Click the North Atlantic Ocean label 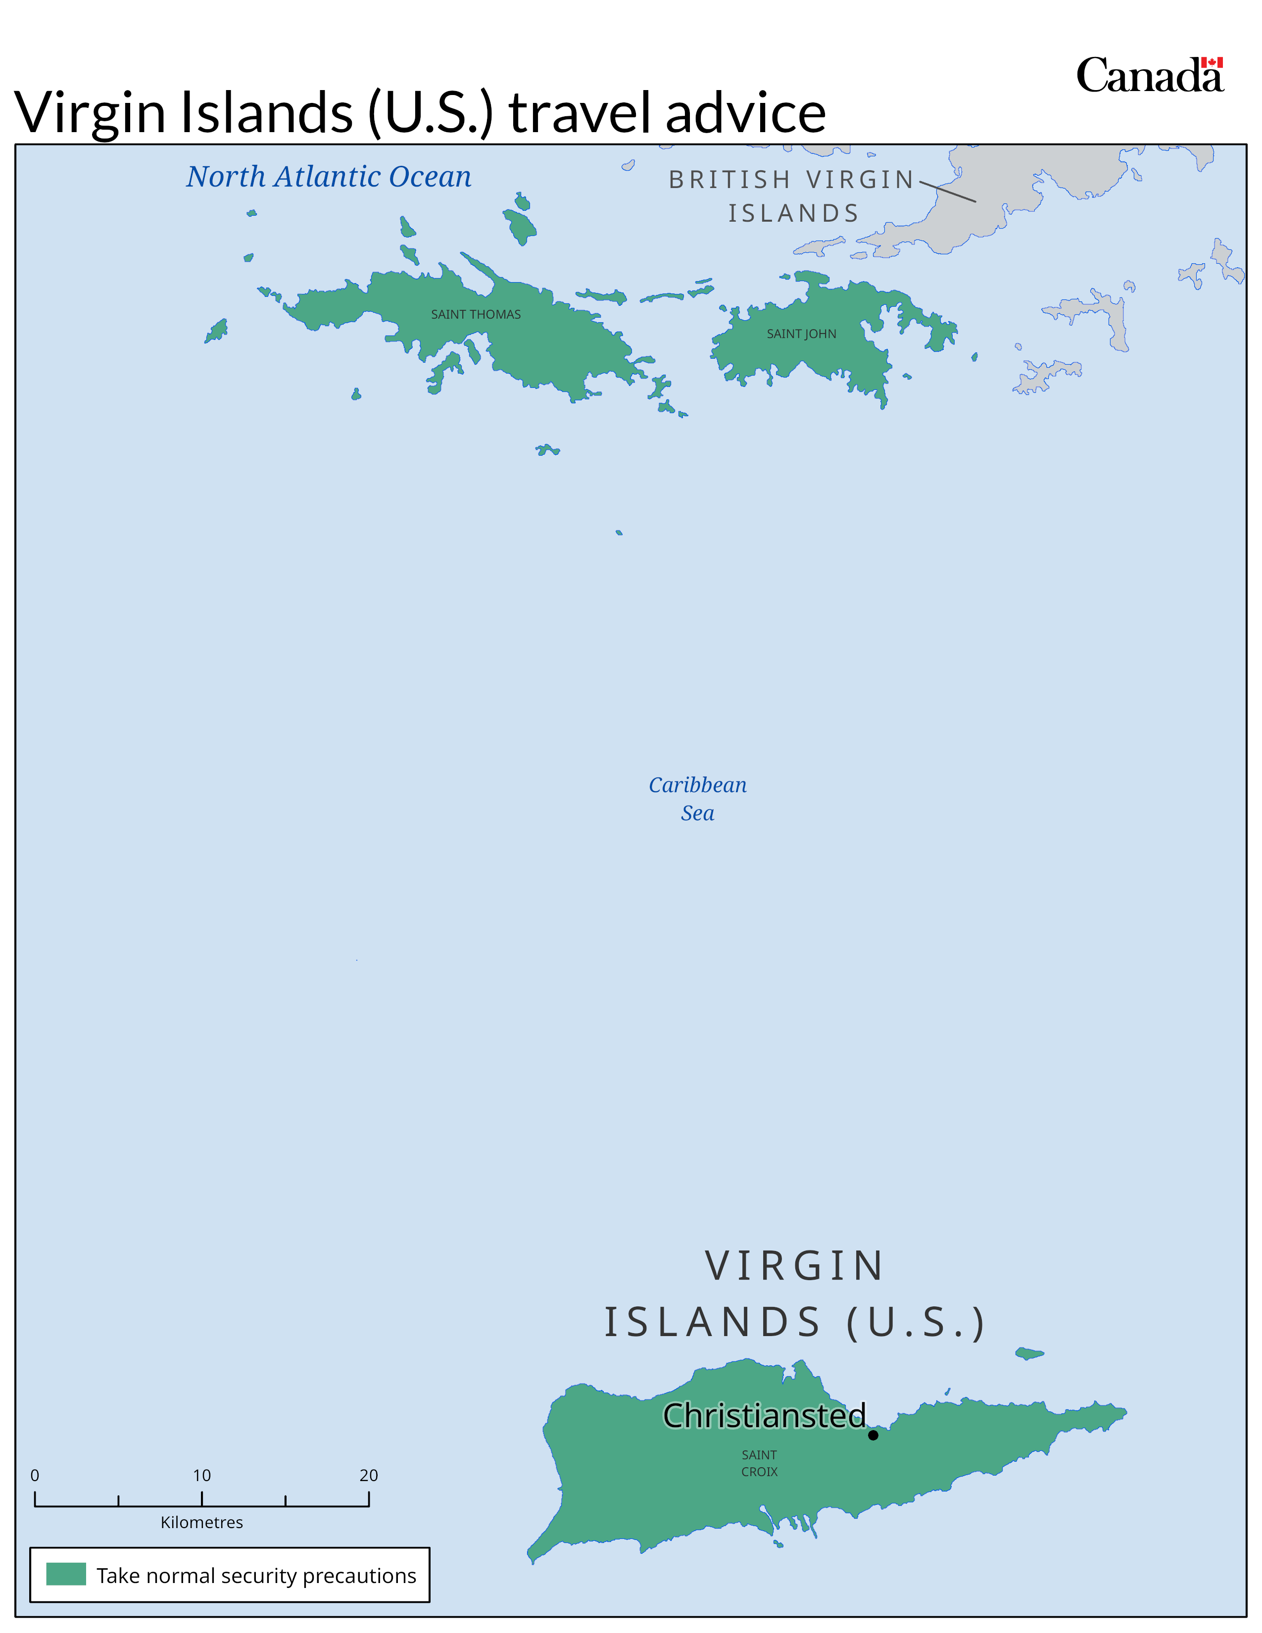[x=329, y=177]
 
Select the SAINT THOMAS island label [x=476, y=315]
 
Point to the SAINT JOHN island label [x=801, y=334]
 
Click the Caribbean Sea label [x=697, y=799]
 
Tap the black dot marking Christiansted [x=873, y=1435]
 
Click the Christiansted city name [x=764, y=1415]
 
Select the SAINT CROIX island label [x=759, y=1463]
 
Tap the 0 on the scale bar [x=34, y=1475]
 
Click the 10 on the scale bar [x=202, y=1475]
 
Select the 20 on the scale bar [x=369, y=1475]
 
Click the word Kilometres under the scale [x=202, y=1522]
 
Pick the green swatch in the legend [x=66, y=1574]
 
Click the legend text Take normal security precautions [x=256, y=1576]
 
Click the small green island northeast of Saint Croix [x=1029, y=1353]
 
